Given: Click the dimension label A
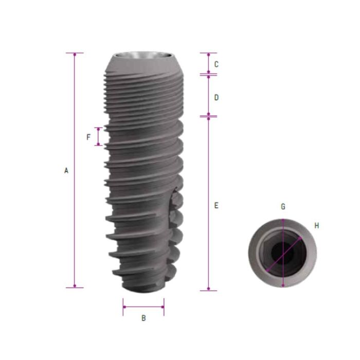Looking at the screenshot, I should click(66, 170).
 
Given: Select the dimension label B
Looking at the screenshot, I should click(143, 318).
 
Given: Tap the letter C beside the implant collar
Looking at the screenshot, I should click(217, 64).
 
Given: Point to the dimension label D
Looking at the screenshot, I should click(217, 97).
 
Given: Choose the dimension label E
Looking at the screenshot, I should click(217, 205).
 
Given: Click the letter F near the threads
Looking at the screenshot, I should click(88, 137).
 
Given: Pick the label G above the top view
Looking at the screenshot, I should click(283, 207).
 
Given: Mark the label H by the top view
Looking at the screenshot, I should click(317, 225).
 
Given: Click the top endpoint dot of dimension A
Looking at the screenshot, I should click(75, 53).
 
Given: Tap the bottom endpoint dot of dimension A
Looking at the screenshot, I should click(75, 286).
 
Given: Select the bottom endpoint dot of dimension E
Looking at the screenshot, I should click(208, 290).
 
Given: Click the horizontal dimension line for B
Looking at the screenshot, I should click(143, 308).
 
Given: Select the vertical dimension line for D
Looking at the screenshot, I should click(208, 96).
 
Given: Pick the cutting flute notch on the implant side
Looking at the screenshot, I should click(175, 206).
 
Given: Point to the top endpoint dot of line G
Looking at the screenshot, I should click(283, 220).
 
